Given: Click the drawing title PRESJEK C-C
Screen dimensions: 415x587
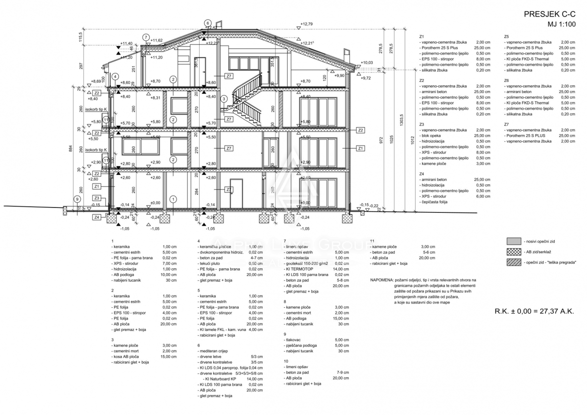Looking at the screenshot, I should pos(548,14).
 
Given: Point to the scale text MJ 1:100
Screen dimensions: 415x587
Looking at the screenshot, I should pos(561,24).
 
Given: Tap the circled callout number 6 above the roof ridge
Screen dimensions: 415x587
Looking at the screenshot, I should pos(208,23).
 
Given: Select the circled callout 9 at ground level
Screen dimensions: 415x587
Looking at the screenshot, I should pos(77,199).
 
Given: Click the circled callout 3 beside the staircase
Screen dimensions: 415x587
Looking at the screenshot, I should pos(224,99).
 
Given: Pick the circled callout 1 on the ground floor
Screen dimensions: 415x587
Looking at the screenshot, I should pos(172,199).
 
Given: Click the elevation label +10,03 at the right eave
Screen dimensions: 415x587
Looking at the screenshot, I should pos(367,63).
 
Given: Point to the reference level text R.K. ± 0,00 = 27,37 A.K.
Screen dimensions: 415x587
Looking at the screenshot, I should pos(534,311).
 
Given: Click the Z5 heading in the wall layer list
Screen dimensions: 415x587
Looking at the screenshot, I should pos(507,37).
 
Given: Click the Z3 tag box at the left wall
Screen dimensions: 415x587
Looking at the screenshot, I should pos(97,198).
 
